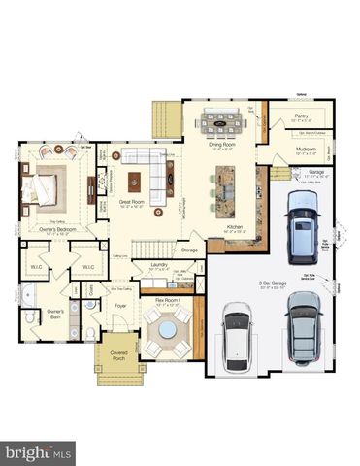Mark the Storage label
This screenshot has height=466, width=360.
(x=190, y=250)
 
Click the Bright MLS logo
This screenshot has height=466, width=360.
(x=38, y=451)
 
